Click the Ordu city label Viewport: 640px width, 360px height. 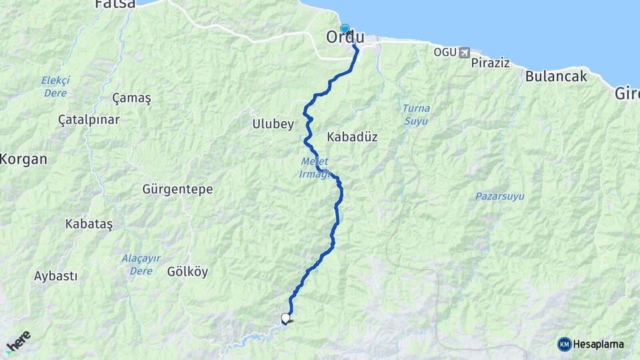pos(345,38)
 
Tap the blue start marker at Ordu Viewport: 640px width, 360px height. pos(345,29)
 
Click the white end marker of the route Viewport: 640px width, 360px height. pos(286,318)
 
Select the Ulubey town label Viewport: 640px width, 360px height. pos(273,123)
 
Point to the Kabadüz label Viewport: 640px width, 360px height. pos(353,137)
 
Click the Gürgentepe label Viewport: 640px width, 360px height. pos(177,189)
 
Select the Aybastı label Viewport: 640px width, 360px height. pos(55,275)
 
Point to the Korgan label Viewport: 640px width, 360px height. pos(24,159)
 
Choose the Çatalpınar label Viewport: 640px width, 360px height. pos(89,120)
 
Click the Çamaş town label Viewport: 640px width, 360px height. pos(131,98)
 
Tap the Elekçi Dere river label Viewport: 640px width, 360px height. pos(55,87)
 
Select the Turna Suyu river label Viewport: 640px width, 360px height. pos(416,114)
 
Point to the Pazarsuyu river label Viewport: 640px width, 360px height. pos(499,197)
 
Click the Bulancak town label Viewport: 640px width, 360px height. pos(556,76)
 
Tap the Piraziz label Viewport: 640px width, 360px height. pos(490,63)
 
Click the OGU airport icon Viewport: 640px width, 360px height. pos(464,52)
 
